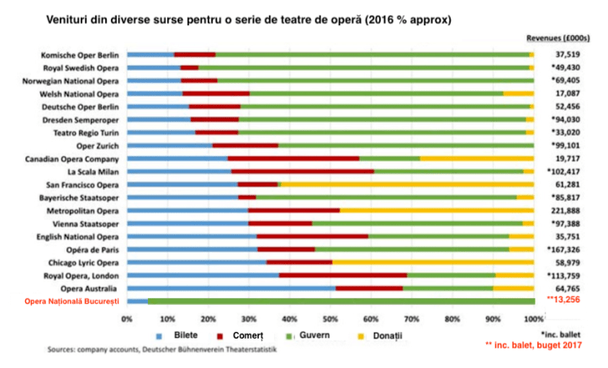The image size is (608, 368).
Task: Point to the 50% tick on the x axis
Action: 330,319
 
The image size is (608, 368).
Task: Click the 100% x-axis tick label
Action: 533,319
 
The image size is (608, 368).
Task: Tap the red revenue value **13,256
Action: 565,300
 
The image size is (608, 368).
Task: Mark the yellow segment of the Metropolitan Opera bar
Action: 436,210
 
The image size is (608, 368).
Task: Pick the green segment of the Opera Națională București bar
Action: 341,300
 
